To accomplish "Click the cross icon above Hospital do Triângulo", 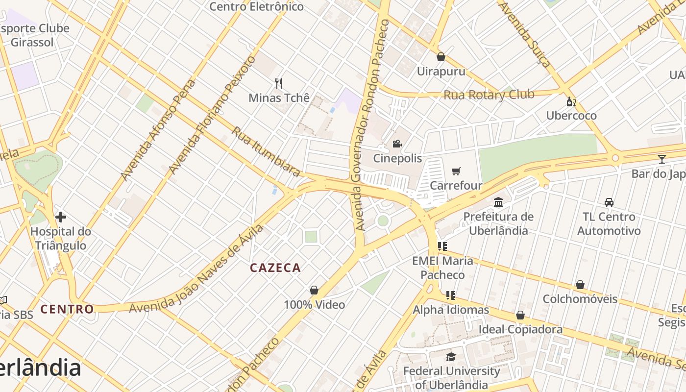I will pos(61,217).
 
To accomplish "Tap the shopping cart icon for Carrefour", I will pos(456,171).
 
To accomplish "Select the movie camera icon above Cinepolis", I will pos(397,144).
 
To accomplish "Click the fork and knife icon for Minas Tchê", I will pos(279,83).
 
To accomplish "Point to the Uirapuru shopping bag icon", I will pos(441,57).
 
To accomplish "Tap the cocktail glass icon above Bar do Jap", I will pos(662,159).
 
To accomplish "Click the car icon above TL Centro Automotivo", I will pos(609,202).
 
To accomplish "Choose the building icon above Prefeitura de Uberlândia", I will pos(498,202).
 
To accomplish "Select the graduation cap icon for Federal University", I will pos(451,357).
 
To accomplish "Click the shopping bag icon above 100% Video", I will pos(314,290).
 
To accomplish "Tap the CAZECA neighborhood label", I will pos(275,268).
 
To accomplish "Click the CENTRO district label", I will pos(67,309).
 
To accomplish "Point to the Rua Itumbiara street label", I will pos(266,151).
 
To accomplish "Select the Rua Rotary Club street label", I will pos(489,95).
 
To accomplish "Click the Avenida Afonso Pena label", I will pos(157,129).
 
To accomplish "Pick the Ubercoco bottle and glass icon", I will pos(571,101).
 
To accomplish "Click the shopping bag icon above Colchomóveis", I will pos(580,285).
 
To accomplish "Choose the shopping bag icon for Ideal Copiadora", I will pos(520,315).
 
